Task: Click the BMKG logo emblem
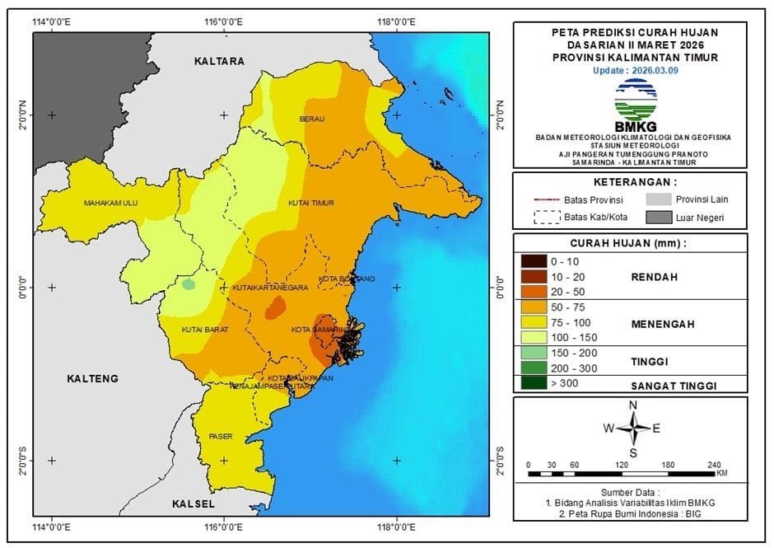pyautogui.click(x=635, y=100)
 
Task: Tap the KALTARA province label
pyautogui.click(x=220, y=61)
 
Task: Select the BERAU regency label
pyautogui.click(x=312, y=119)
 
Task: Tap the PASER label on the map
pyautogui.click(x=221, y=436)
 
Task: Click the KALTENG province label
pyautogui.click(x=92, y=378)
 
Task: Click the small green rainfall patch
pyautogui.click(x=189, y=284)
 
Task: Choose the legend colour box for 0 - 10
pyautogui.click(x=535, y=261)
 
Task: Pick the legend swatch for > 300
pyautogui.click(x=535, y=383)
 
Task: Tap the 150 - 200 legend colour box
pyautogui.click(x=535, y=353)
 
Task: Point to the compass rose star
pyautogui.click(x=632, y=428)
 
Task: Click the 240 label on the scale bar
pyautogui.click(x=713, y=464)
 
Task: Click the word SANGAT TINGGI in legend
pyautogui.click(x=674, y=385)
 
